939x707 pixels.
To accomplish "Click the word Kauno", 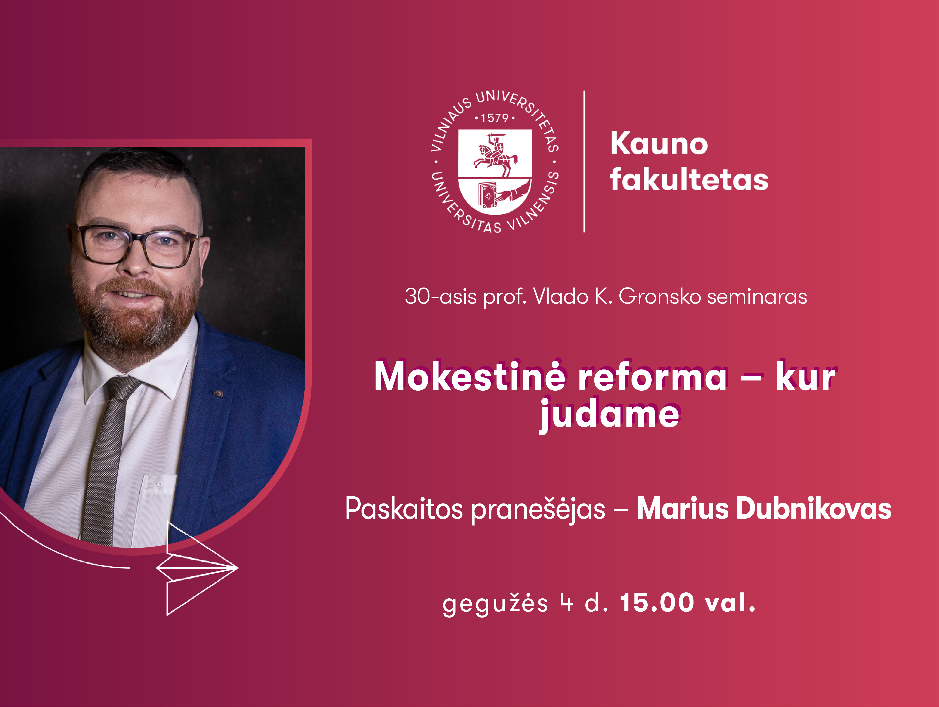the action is coord(659,143).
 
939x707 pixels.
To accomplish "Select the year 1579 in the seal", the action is coord(495,117).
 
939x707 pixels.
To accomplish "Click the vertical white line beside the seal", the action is coord(585,161).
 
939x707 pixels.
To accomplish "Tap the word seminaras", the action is coord(757,297).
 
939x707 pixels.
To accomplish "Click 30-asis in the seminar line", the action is coord(441,297).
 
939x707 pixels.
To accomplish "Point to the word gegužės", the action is coord(495,603).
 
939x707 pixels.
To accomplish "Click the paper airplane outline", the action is coord(197,568).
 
